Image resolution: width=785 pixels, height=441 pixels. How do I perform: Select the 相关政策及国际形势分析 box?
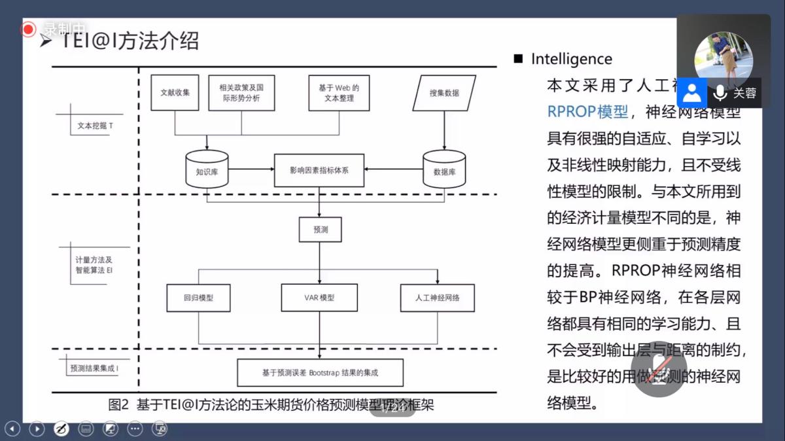241,93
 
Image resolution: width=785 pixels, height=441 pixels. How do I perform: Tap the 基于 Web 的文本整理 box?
338,93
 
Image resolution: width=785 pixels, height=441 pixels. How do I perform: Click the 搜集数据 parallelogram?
444,93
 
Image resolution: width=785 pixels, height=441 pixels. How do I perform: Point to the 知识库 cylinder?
207,169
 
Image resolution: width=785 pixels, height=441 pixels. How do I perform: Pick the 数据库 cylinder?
444,169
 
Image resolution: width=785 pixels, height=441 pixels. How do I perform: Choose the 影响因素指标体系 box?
319,170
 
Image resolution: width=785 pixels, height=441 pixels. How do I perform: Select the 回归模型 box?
198,298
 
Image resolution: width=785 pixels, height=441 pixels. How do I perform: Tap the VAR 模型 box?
319,298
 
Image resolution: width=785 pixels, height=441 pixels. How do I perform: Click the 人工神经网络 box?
437,298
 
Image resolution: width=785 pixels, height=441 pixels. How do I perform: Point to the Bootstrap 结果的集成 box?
320,373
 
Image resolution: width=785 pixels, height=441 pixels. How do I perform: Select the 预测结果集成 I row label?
94,368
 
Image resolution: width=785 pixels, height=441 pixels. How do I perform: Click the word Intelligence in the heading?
571,59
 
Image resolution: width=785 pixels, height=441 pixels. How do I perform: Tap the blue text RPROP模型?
587,111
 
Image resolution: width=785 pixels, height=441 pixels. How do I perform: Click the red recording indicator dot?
28,29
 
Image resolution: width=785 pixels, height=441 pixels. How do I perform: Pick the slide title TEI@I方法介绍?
130,41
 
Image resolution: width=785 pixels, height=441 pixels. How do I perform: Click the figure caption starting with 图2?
271,405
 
